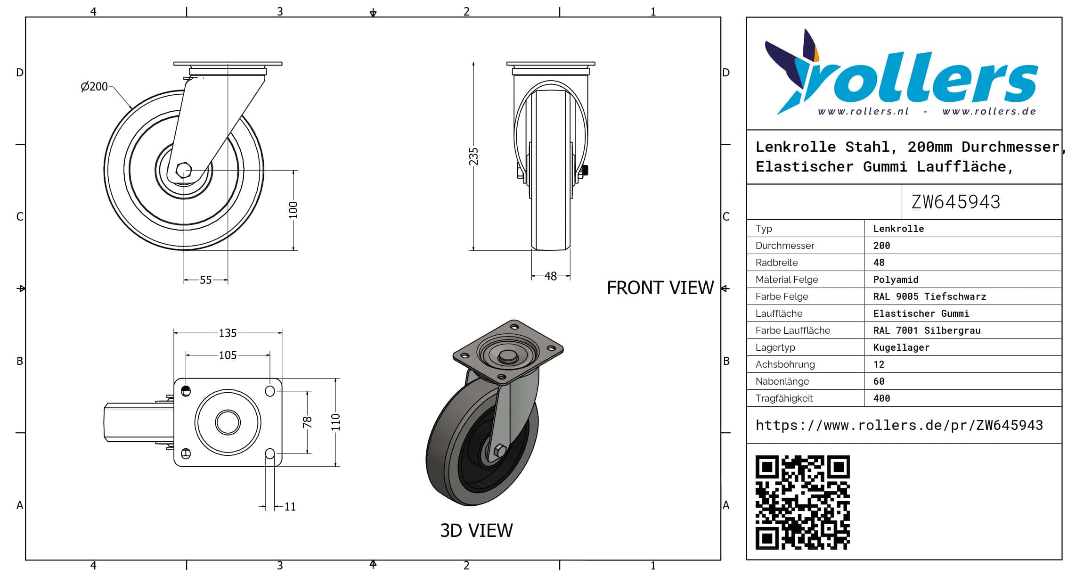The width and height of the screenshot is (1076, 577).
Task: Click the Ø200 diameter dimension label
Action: pyautogui.click(x=94, y=87)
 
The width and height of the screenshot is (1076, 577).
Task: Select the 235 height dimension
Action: pyautogui.click(x=473, y=157)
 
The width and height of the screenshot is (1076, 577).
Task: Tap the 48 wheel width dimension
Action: pyautogui.click(x=551, y=276)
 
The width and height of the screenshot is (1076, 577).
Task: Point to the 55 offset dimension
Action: pyautogui.click(x=206, y=280)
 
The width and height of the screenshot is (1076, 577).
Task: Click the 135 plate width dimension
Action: pyautogui.click(x=228, y=333)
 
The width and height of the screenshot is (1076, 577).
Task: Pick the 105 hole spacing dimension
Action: pyautogui.click(x=228, y=355)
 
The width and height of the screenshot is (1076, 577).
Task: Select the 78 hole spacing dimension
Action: pyautogui.click(x=307, y=422)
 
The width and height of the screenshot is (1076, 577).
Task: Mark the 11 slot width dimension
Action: pyautogui.click(x=290, y=507)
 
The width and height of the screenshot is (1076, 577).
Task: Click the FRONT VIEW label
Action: pyautogui.click(x=660, y=288)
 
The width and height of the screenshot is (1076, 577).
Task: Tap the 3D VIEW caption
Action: pyautogui.click(x=476, y=531)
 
